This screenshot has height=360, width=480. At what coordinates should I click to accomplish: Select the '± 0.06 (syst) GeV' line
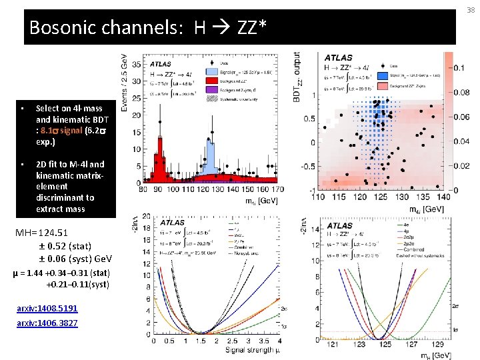point(75,258)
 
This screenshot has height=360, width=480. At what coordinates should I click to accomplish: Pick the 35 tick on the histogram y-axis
point(136,65)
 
